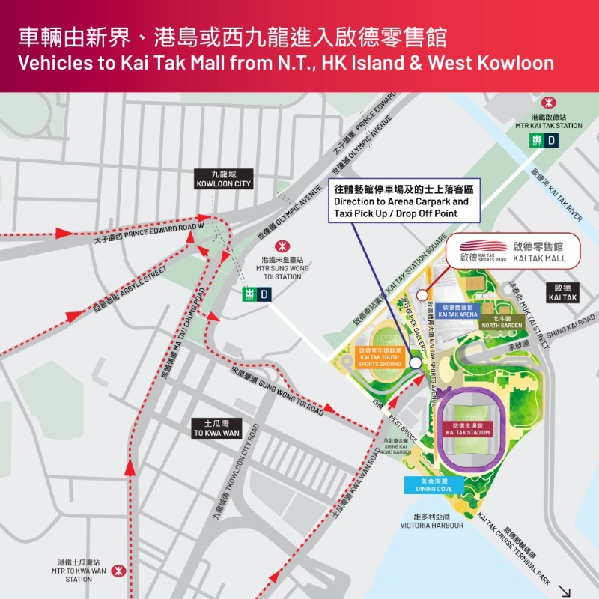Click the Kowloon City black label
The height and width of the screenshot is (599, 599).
pos(223,178)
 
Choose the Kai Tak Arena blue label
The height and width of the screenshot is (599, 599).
pos(458,311)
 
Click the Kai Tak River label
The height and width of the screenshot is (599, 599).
pos(555,194)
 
